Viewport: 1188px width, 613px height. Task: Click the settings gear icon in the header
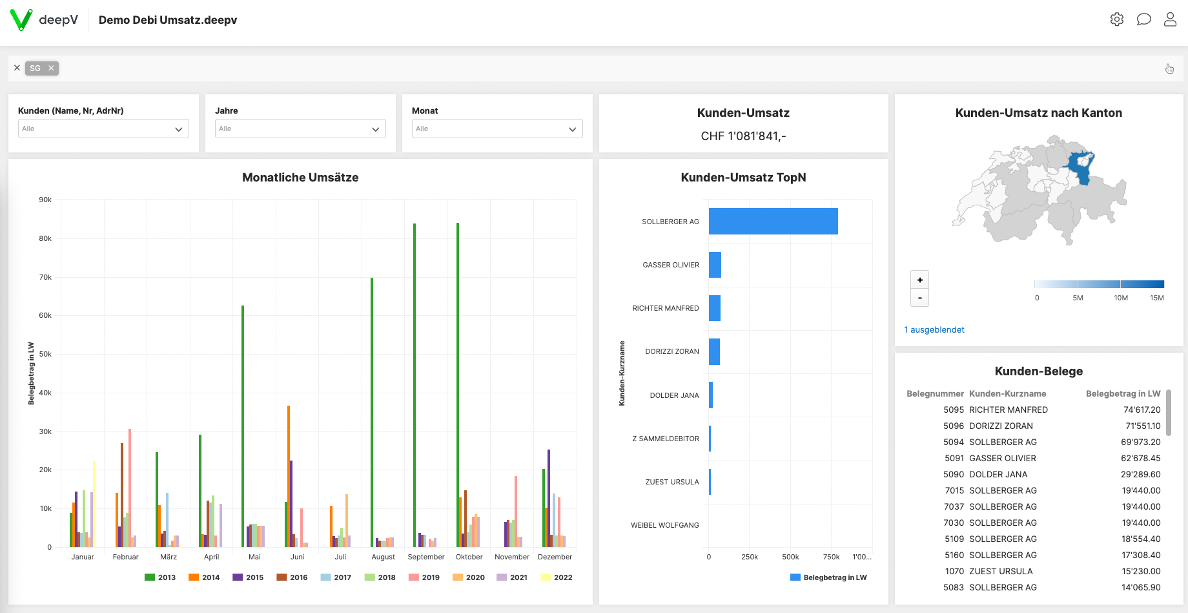[x=1116, y=19]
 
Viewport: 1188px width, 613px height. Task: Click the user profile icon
[x=1170, y=19]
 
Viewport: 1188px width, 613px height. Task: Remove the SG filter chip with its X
[x=51, y=68]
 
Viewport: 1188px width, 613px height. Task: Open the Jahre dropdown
[x=300, y=129]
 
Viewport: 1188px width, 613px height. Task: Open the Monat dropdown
[x=497, y=129]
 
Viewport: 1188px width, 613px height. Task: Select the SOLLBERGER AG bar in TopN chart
[x=773, y=221]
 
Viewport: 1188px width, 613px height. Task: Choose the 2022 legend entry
[x=557, y=577]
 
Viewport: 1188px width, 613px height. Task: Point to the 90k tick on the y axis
[x=45, y=200]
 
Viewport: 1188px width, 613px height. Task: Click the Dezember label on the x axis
[x=555, y=557]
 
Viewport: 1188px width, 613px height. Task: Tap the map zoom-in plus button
[x=919, y=280]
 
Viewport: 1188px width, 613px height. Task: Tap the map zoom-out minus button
[x=919, y=298]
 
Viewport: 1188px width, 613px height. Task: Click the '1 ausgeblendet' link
[x=934, y=329]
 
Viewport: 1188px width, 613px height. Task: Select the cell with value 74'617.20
[x=1142, y=410]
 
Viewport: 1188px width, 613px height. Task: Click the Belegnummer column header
[x=934, y=393]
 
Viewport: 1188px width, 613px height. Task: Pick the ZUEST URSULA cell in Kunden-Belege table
[x=1001, y=571]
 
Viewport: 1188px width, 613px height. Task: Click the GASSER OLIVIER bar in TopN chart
[x=715, y=265]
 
